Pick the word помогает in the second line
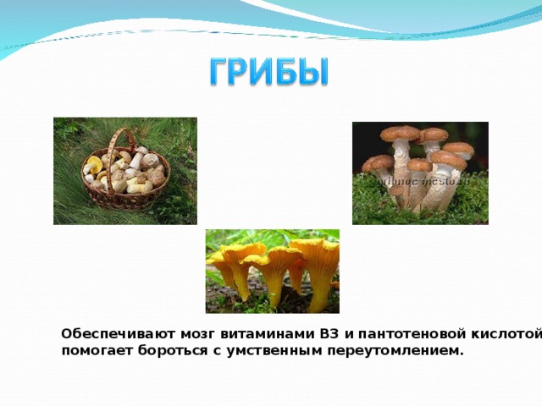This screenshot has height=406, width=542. click(x=95, y=350)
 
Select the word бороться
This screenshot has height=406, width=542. click(x=169, y=350)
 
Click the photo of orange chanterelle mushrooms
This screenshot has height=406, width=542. click(x=272, y=271)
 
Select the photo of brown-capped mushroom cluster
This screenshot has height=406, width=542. click(x=420, y=173)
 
